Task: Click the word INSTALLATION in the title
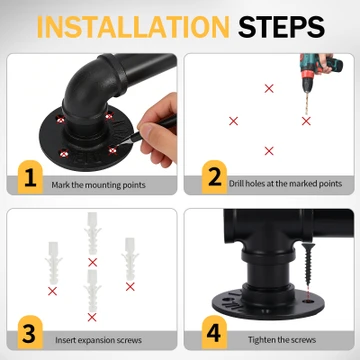(x=133, y=26)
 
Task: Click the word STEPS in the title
(x=281, y=26)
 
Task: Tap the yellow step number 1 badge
(x=30, y=177)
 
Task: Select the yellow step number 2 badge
(x=214, y=177)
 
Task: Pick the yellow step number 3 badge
(x=30, y=332)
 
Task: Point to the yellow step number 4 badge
(x=214, y=332)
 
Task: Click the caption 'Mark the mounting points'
(x=98, y=185)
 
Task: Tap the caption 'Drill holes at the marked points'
(x=285, y=184)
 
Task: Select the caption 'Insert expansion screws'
(x=98, y=340)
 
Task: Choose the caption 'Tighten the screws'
(x=282, y=340)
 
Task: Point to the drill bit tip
(x=306, y=115)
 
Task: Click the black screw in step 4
(x=308, y=263)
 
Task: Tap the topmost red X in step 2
(x=269, y=88)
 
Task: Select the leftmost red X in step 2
(x=234, y=121)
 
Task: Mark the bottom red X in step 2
(x=269, y=151)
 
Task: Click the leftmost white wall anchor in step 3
(x=53, y=263)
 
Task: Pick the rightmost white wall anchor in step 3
(x=130, y=259)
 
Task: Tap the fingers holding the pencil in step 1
(x=156, y=133)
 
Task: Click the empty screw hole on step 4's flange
(x=309, y=301)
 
